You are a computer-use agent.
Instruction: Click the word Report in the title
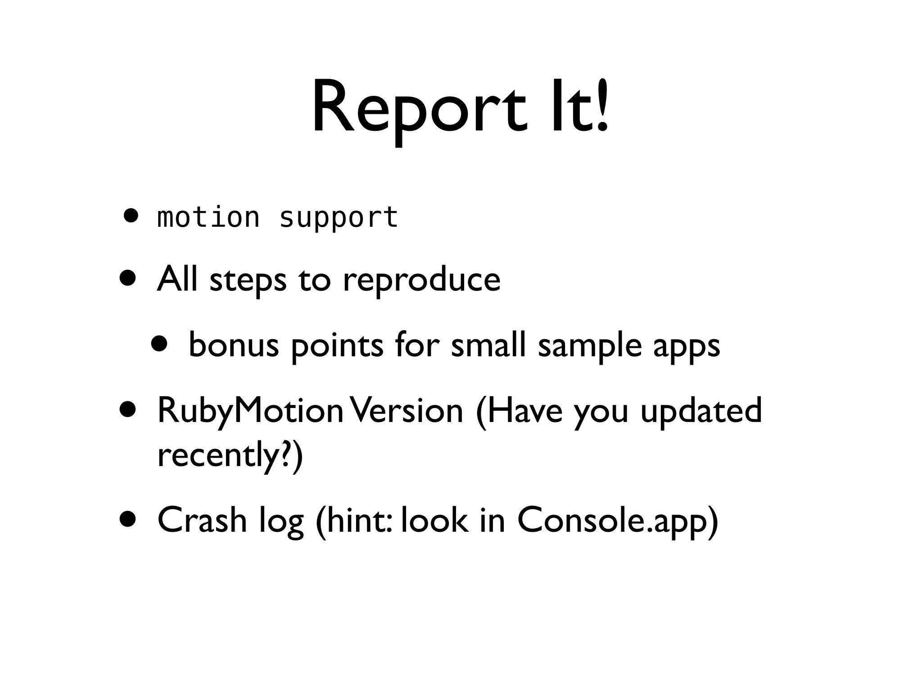point(419,108)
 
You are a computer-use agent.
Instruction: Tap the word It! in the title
point(580,108)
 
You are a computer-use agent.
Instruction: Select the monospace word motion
point(208,218)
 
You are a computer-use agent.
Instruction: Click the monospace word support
point(339,218)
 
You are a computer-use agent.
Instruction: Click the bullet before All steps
point(128,278)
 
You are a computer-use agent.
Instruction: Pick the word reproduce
point(421,280)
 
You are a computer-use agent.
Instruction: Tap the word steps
point(248,280)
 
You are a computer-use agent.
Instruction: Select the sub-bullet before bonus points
point(159,344)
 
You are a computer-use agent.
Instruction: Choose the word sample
point(590,345)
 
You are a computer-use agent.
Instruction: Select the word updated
point(701,410)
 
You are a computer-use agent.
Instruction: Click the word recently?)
point(230,455)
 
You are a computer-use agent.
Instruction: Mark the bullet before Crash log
point(128,519)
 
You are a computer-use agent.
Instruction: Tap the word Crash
point(202,520)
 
